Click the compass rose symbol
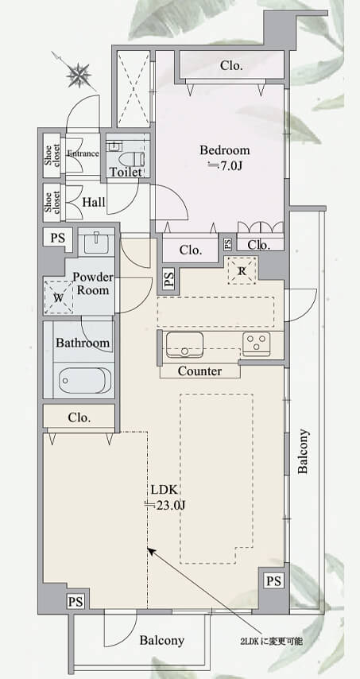click(x=79, y=75)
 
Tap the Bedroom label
click(x=225, y=150)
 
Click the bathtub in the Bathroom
click(x=85, y=380)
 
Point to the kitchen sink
click(x=184, y=344)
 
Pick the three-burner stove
click(x=257, y=343)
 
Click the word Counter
click(x=200, y=371)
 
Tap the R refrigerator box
click(x=242, y=270)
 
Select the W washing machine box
click(x=58, y=297)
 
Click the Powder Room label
click(x=93, y=284)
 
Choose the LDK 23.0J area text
click(x=165, y=497)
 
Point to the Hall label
click(x=94, y=202)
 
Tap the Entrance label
click(x=83, y=153)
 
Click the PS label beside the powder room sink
click(x=58, y=239)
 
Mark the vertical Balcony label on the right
click(x=303, y=451)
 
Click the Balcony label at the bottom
click(x=162, y=641)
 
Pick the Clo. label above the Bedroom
click(x=231, y=65)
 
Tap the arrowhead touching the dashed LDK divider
click(x=152, y=551)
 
